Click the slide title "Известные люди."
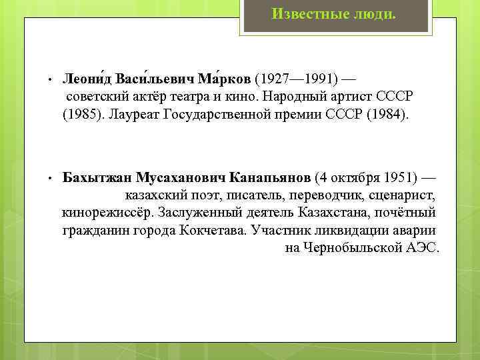click(333, 13)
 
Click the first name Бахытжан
click(97, 178)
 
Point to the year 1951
click(397, 178)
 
